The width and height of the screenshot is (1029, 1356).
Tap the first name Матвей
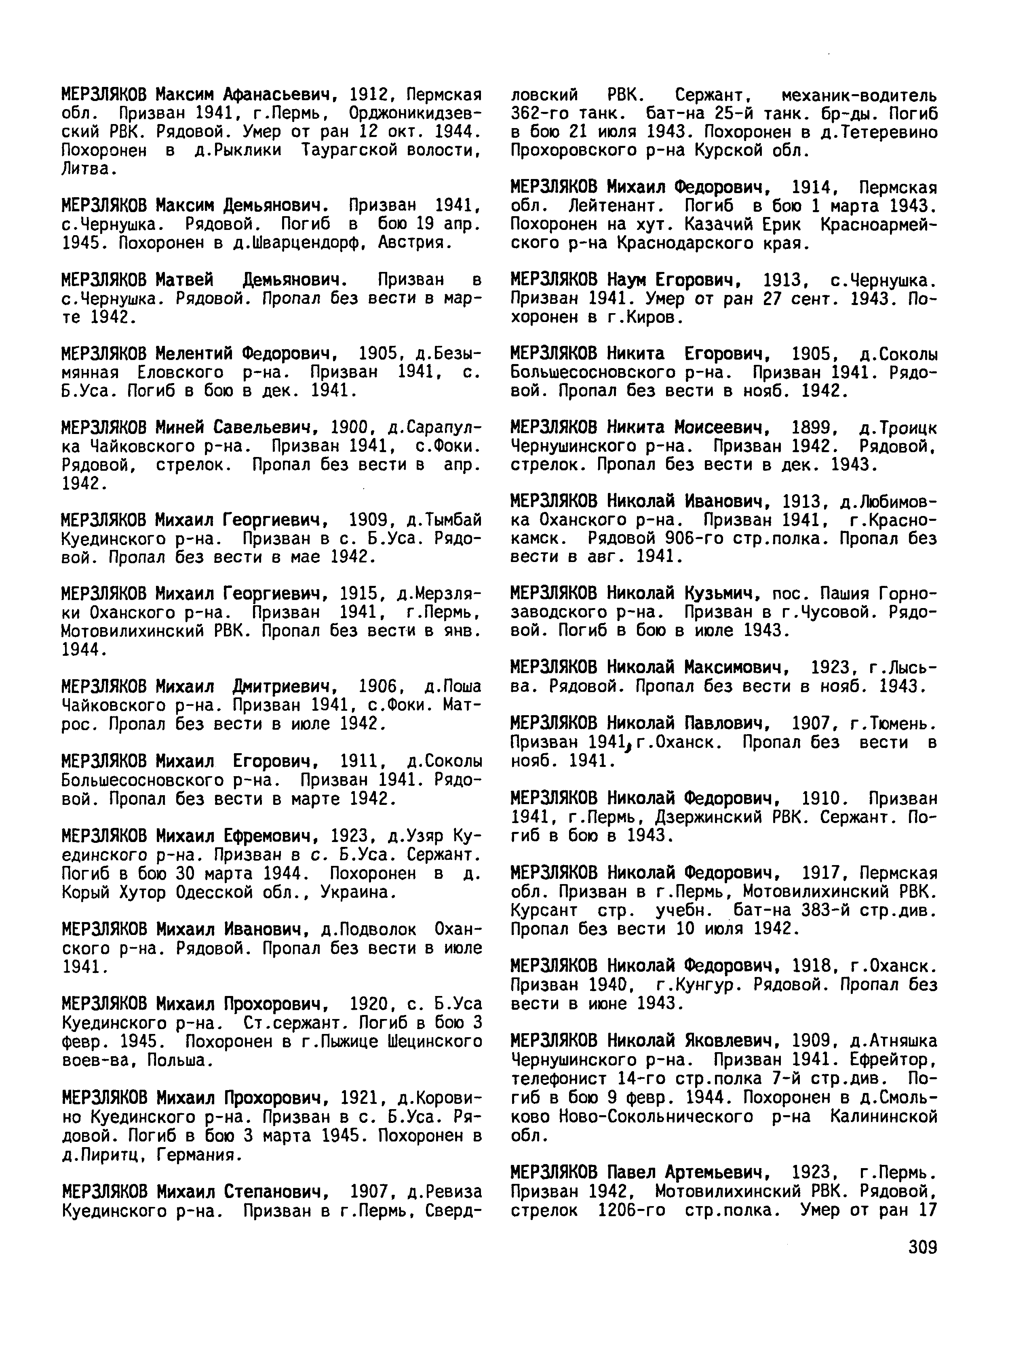click(184, 280)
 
